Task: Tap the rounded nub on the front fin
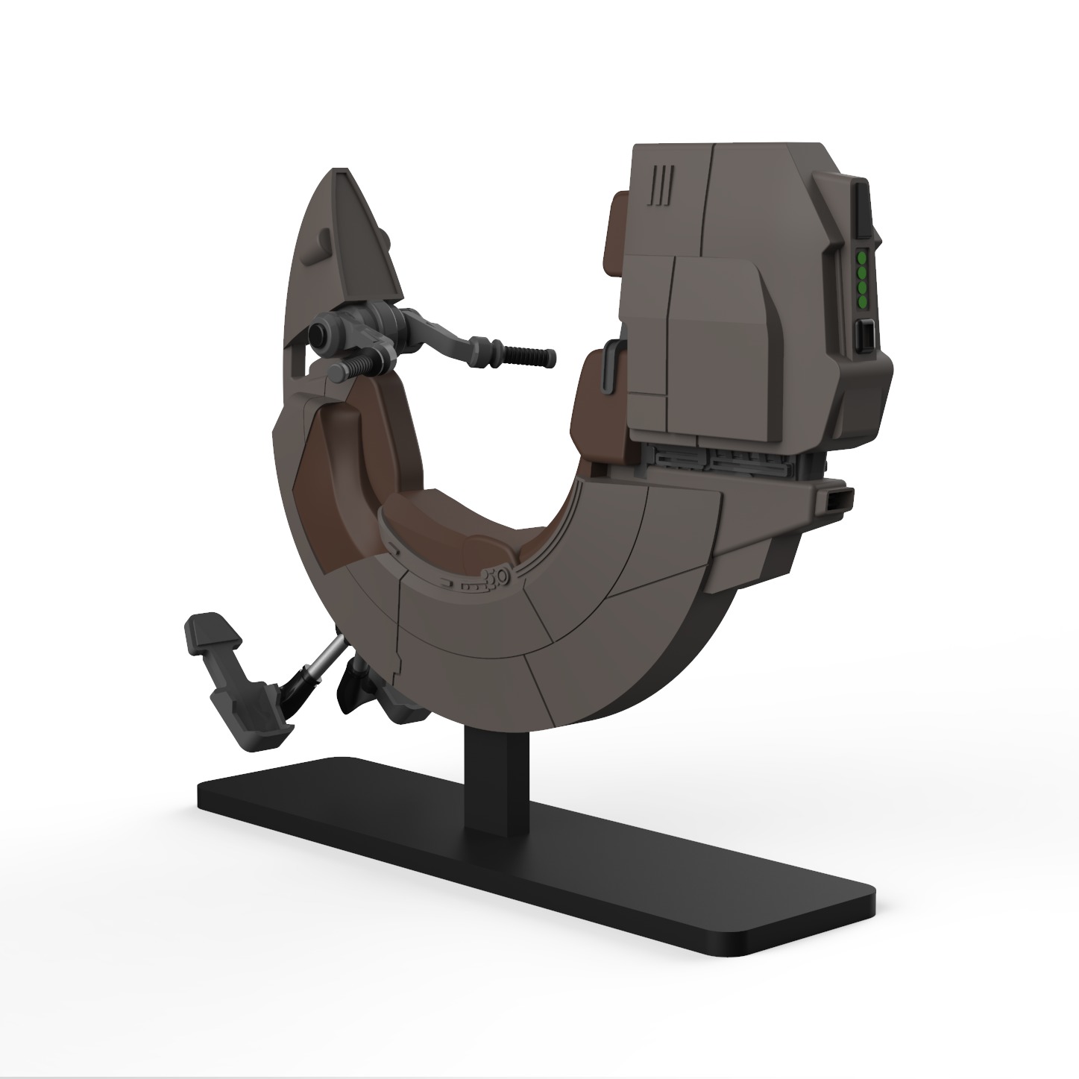pyautogui.click(x=325, y=239)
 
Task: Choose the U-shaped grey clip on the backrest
pyautogui.click(x=609, y=365)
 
